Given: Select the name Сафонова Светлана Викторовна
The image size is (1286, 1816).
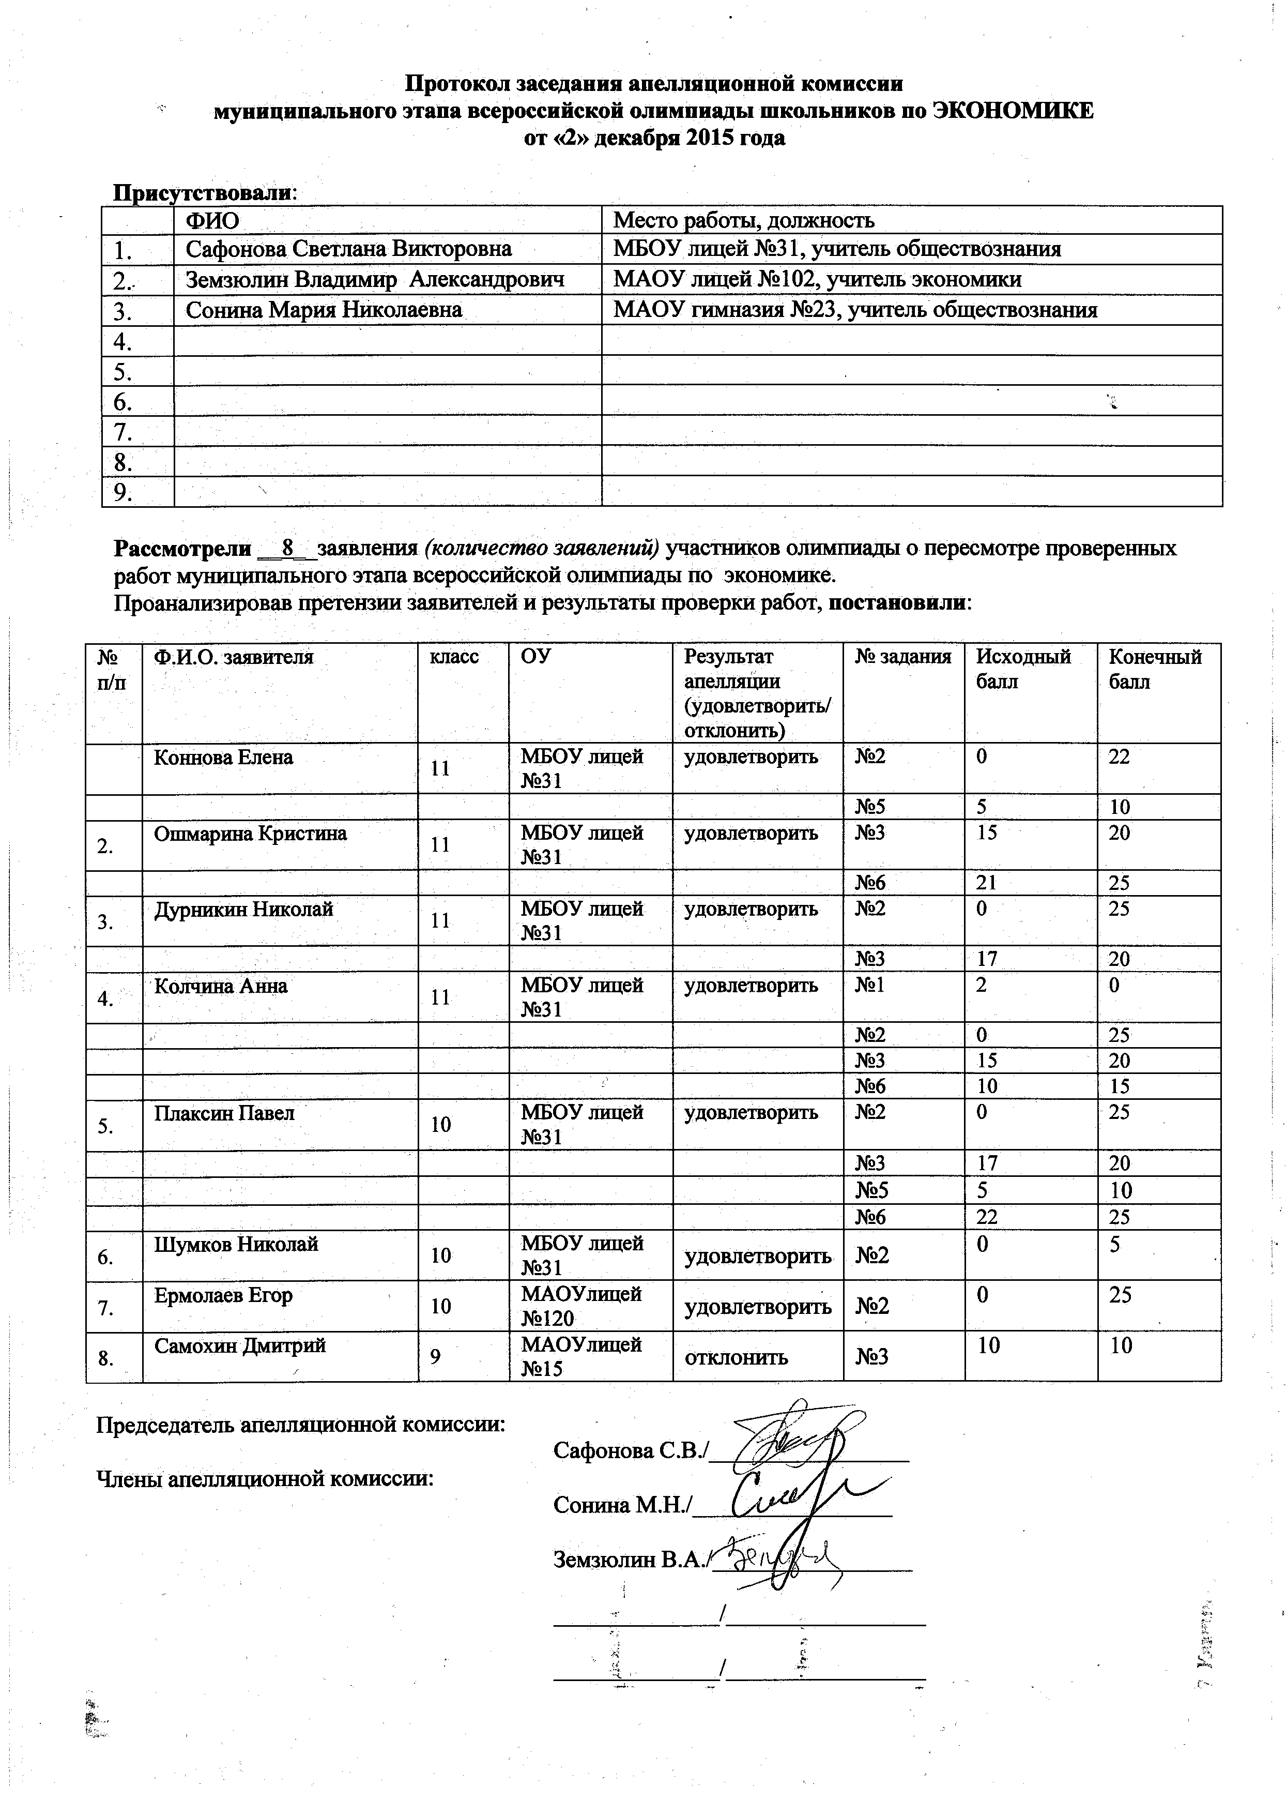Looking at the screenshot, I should [x=348, y=249].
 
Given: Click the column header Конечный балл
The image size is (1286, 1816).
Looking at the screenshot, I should [x=1155, y=669].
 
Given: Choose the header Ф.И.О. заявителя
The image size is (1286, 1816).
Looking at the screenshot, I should [x=234, y=657].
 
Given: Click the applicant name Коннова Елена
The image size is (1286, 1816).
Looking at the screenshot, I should [x=223, y=757].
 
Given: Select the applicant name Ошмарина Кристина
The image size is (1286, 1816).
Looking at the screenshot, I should [x=250, y=833].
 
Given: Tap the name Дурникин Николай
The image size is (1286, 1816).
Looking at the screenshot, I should [x=243, y=909].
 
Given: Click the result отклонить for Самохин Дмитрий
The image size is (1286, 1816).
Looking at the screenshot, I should [x=736, y=1357].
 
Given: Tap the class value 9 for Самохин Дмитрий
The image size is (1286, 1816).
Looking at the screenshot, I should [x=435, y=1357].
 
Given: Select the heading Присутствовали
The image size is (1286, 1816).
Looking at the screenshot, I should [x=203, y=192].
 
